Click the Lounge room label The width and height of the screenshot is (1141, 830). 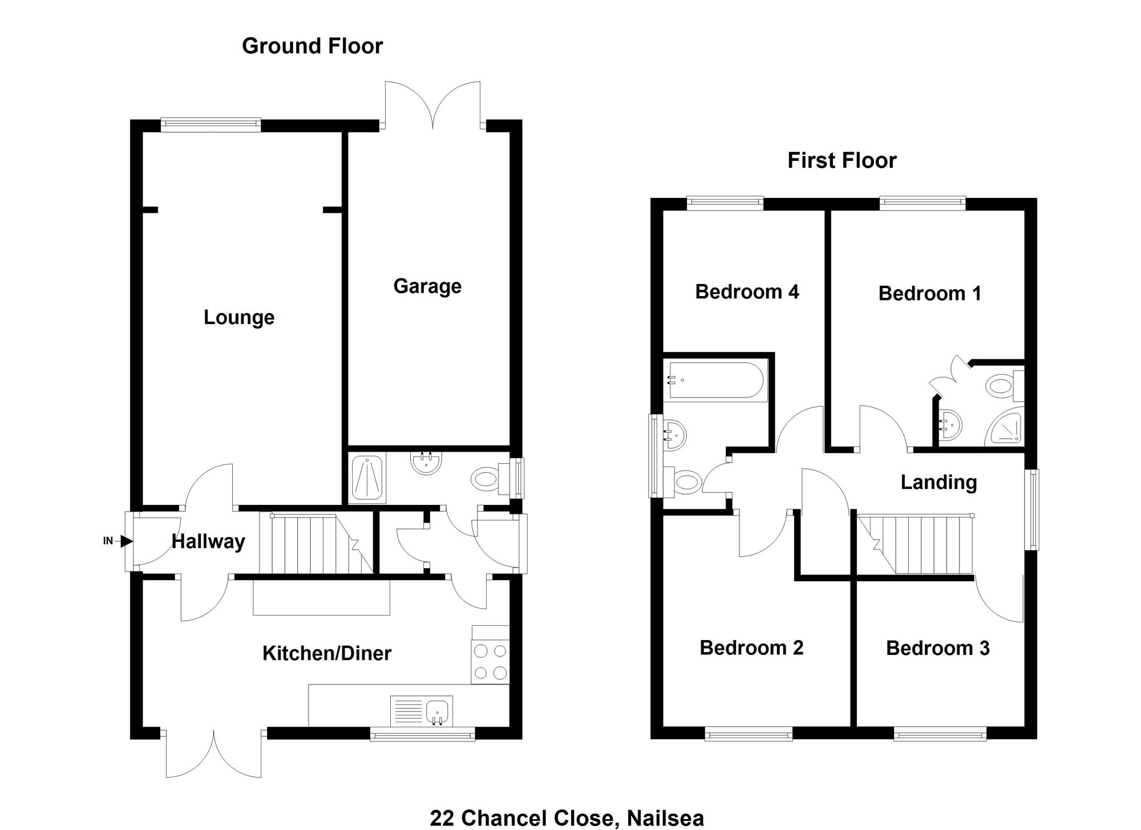click(239, 317)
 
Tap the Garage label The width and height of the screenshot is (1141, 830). click(427, 286)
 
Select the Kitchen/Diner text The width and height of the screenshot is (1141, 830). click(327, 653)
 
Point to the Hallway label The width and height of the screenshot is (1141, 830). click(208, 541)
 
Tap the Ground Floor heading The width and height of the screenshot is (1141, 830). click(313, 46)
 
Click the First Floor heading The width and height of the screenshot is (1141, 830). click(842, 161)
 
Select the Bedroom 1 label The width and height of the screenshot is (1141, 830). click(930, 293)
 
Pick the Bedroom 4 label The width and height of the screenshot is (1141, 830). click(747, 291)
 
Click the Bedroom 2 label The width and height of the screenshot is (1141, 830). click(751, 647)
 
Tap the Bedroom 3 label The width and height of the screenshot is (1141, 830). click(938, 648)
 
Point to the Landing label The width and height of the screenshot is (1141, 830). click(939, 483)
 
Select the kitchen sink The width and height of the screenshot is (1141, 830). click(422, 711)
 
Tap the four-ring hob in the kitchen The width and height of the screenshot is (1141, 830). click(490, 662)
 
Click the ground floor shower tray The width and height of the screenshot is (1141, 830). click(367, 478)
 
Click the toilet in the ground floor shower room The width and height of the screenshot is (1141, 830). click(491, 478)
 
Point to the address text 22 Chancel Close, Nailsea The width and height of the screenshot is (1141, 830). click(567, 819)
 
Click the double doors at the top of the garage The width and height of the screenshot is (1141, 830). click(432, 105)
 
